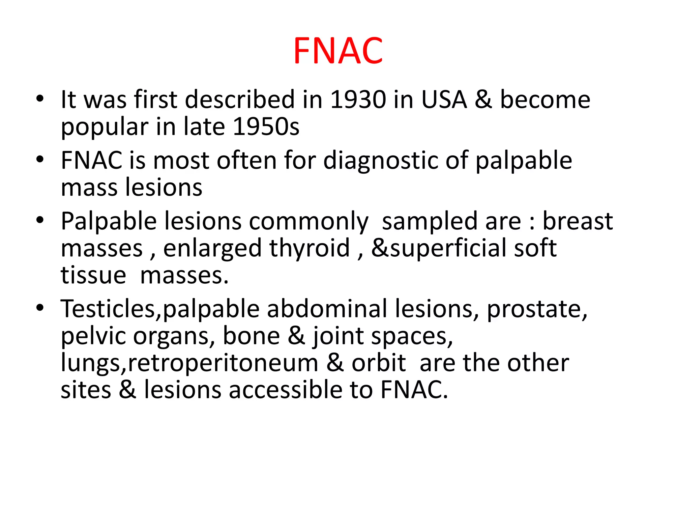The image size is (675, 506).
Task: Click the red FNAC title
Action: tap(338, 51)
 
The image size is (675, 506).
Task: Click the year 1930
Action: tap(358, 99)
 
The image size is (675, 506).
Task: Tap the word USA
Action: tap(444, 99)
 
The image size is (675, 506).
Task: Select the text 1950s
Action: tap(266, 127)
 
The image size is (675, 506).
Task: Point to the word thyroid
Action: tap(309, 248)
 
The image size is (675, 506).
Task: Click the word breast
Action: tap(577, 221)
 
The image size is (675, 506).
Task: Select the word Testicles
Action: tap(107, 309)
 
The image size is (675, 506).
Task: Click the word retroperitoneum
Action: tap(223, 363)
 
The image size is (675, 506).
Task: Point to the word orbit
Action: tap(379, 363)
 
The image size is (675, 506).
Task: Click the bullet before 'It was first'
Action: tap(40, 99)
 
